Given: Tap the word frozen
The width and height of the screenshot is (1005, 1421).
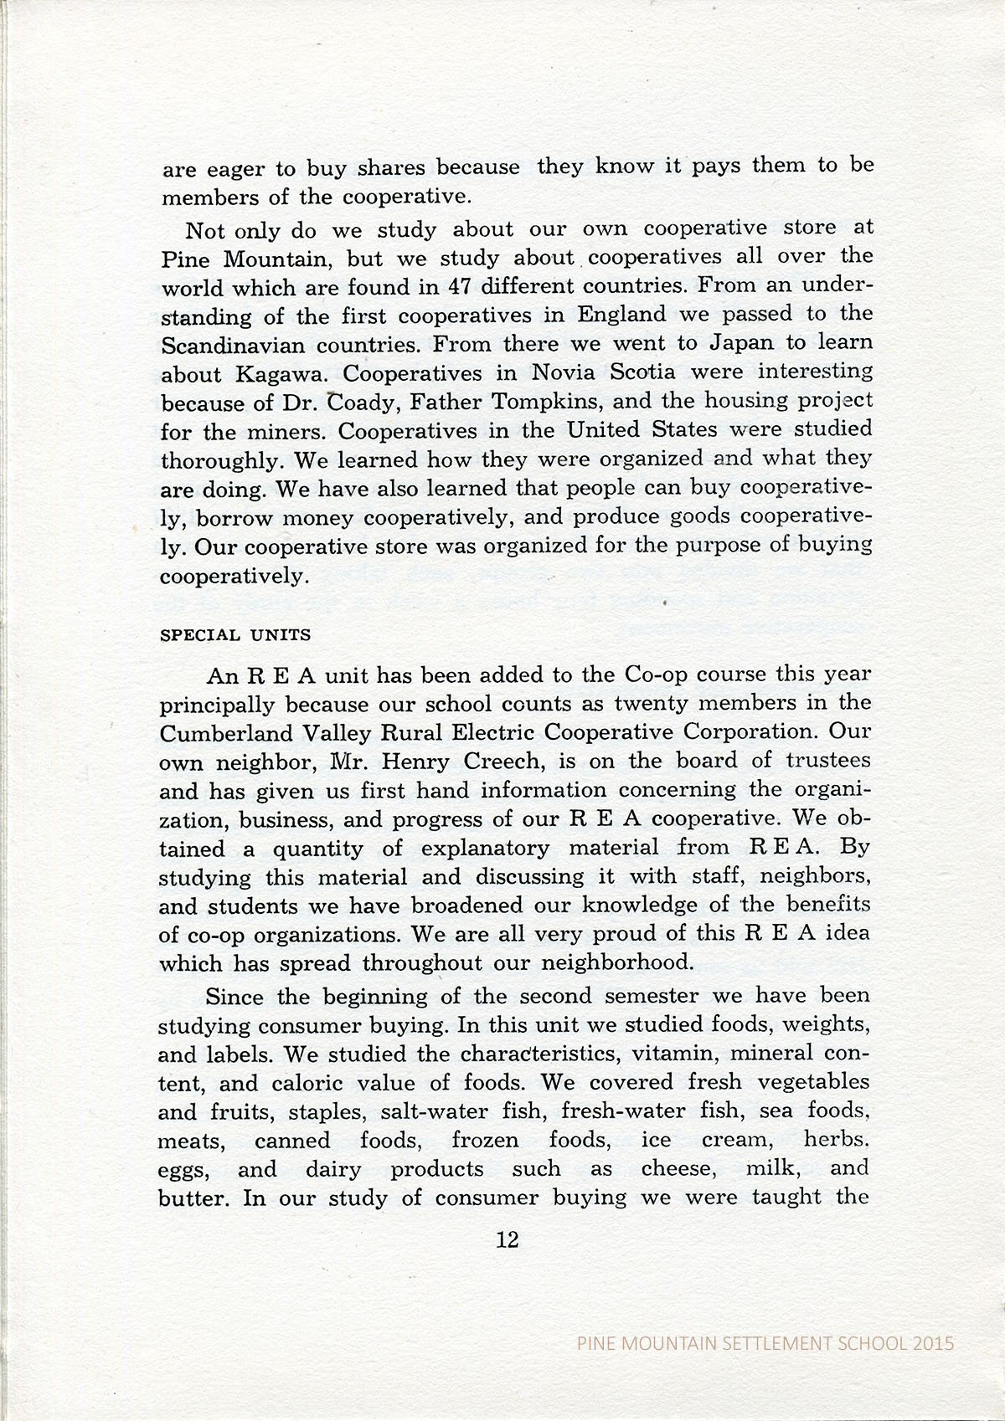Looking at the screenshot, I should click(485, 1141).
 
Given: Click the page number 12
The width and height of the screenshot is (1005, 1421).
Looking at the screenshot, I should click(508, 1240).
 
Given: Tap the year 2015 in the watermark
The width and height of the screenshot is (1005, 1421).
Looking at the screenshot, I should click(933, 1344).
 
